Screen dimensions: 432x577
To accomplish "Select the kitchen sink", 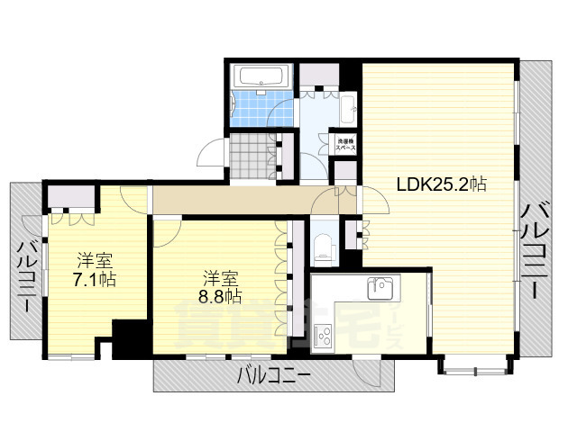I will coord(380,290).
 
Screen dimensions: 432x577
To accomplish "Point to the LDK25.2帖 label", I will coord(442,184).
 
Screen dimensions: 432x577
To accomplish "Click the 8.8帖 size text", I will coord(221,295).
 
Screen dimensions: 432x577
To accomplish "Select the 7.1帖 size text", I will coord(94,278).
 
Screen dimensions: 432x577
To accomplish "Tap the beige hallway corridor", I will coord(234,201).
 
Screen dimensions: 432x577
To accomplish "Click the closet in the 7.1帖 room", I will coord(71,199).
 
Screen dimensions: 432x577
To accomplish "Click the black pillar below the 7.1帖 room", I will coord(130,338).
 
